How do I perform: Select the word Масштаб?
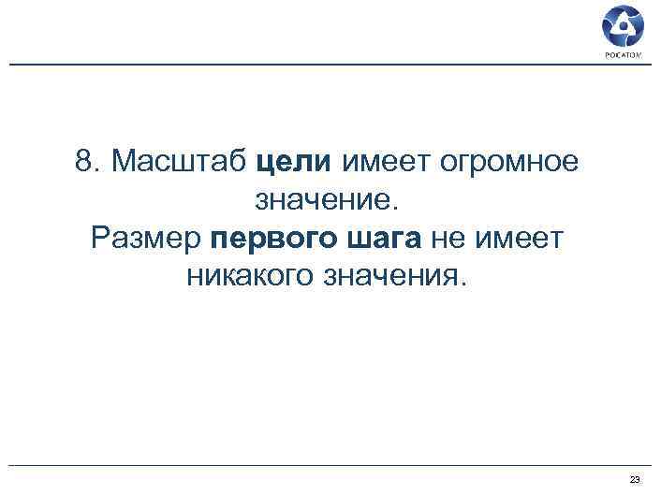coord(179,162)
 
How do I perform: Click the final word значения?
coord(391,277)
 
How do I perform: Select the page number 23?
coord(635,479)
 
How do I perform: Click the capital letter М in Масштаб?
coord(125,162)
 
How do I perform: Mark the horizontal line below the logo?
coord(328,65)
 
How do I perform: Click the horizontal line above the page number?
coord(328,465)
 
